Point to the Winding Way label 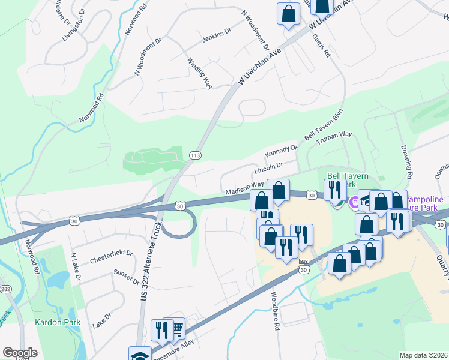coord(199,73)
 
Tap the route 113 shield coord(194,155)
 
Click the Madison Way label coord(244,188)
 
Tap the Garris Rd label coord(322,45)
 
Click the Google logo coord(20,353)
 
